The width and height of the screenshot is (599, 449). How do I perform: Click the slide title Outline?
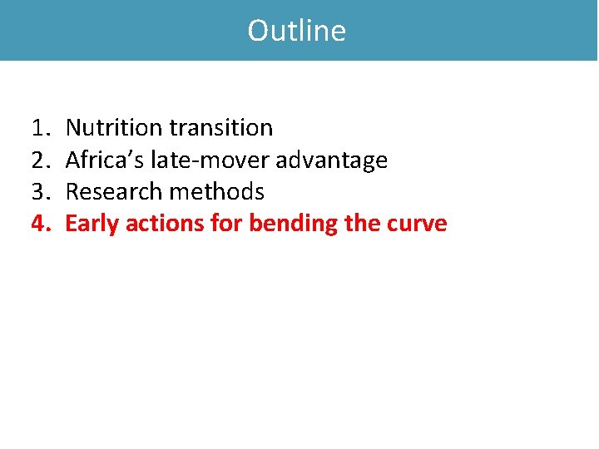[x=297, y=31]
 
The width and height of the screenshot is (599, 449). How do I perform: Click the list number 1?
[x=40, y=128]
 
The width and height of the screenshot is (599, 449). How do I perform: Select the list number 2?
[x=40, y=160]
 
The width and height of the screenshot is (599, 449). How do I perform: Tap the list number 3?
[x=40, y=192]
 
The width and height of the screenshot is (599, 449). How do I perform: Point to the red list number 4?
[x=40, y=224]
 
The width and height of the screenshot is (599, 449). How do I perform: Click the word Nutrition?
[x=114, y=128]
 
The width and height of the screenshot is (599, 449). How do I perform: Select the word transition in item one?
[x=220, y=128]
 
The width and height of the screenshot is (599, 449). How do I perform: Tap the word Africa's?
[x=104, y=160]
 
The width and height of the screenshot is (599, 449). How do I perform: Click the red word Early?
[x=92, y=224]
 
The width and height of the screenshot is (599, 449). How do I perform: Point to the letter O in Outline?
[x=257, y=31]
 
